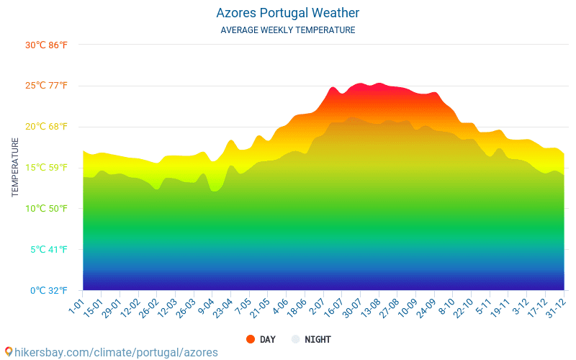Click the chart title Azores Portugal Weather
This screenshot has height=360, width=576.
pyautogui.click(x=287, y=13)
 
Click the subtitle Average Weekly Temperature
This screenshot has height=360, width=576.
pyautogui.click(x=287, y=30)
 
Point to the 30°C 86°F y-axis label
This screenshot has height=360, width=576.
pyautogui.click(x=46, y=45)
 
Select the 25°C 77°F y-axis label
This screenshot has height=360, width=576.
pyautogui.click(x=46, y=86)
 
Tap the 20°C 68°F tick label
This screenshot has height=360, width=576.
pyautogui.click(x=46, y=127)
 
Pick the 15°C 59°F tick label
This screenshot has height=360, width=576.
pyautogui.click(x=46, y=168)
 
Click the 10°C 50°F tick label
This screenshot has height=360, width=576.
pyautogui.click(x=46, y=210)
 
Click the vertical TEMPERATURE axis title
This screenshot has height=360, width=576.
pyautogui.click(x=15, y=168)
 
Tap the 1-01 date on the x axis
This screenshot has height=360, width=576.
pyautogui.click(x=76, y=303)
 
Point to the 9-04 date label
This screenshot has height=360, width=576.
pyautogui.click(x=205, y=305)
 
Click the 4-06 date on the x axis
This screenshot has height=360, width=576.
pyautogui.click(x=279, y=305)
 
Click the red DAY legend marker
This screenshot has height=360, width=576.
pyautogui.click(x=250, y=339)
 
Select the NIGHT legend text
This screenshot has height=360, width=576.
pyautogui.click(x=318, y=339)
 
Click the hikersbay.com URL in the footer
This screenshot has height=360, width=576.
pyautogui.click(x=115, y=352)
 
